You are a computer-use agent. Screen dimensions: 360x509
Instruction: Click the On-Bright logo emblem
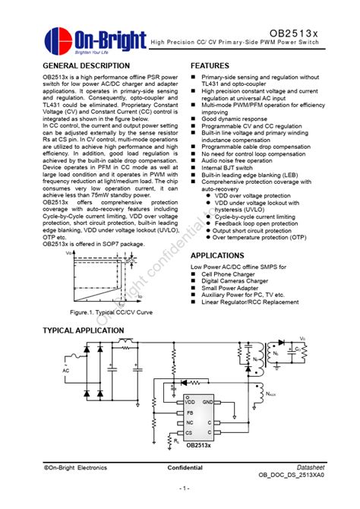tap(58, 40)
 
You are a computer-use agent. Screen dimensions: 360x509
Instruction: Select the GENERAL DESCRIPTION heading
tap(87, 66)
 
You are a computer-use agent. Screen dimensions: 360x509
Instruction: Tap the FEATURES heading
tap(210, 66)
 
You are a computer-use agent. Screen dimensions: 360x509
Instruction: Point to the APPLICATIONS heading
tap(216, 256)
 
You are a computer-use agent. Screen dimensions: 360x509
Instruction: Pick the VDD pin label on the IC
tap(189, 401)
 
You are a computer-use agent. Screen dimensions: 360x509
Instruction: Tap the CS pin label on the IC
tap(188, 432)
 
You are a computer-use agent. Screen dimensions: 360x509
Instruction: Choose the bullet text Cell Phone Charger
tap(233, 274)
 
